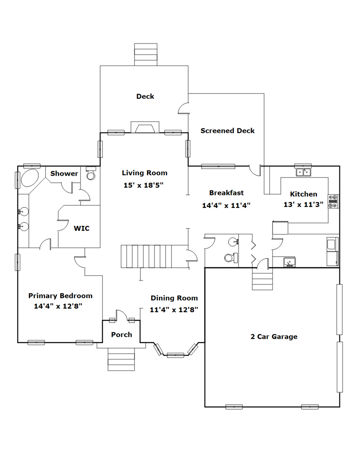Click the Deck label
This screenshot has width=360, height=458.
coord(145,96)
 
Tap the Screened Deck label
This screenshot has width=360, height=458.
coord(228,130)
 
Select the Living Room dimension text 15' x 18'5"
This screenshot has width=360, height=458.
coord(143,185)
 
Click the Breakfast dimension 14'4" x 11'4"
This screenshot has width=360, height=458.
coord(226,205)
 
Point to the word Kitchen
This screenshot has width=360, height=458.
coord(303,194)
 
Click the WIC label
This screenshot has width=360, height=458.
coord(82,228)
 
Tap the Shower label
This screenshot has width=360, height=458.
coord(64,174)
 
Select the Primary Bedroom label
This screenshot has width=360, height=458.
coord(60,296)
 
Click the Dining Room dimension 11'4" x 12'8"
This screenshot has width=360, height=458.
coord(174,310)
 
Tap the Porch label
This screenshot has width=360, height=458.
coord(121,335)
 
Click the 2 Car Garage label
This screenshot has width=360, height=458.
coord(274,336)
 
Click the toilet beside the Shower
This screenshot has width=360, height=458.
coord(91,174)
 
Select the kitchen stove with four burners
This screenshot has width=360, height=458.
coord(333,201)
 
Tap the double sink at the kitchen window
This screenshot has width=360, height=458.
coord(303,172)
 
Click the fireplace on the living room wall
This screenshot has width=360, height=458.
coord(145,127)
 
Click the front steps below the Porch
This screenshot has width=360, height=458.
coord(121,360)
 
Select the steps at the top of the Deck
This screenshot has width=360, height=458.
coord(146,55)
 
